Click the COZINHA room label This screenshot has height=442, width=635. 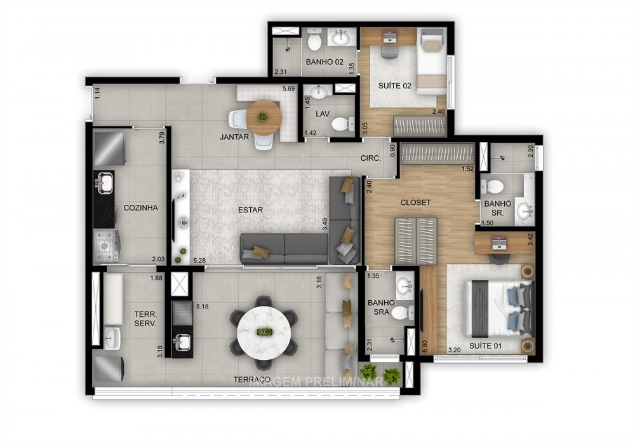pyautogui.click(x=140, y=207)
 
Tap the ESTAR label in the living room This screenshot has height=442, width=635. pyautogui.click(x=251, y=210)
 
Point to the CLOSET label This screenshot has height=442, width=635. pyautogui.click(x=415, y=203)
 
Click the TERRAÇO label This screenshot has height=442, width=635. pyautogui.click(x=251, y=380)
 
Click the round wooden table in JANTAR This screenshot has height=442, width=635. pyautogui.click(x=263, y=117)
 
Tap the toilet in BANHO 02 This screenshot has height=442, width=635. pyautogui.click(x=314, y=42)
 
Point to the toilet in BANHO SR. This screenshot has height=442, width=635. pyautogui.click(x=492, y=187)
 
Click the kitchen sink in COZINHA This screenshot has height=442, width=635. pyautogui.click(x=104, y=184)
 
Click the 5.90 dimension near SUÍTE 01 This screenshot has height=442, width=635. pyautogui.click(x=425, y=347)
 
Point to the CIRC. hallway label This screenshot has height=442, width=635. pyautogui.click(x=370, y=158)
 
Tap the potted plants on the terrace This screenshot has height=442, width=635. pyautogui.click(x=380, y=375)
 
